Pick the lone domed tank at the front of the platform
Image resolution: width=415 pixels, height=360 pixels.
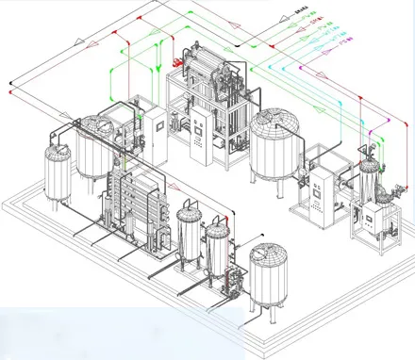click(x=269, y=273)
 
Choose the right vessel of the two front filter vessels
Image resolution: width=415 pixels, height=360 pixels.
click(x=218, y=250)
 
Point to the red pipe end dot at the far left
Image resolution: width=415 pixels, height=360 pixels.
click(x=8, y=91)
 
